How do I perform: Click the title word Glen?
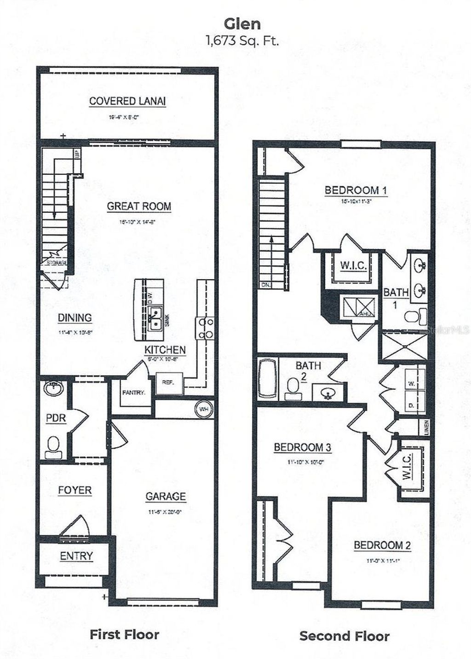pos(242,23)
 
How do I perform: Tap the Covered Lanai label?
pos(127,101)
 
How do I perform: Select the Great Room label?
pos(139,207)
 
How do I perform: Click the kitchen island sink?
pos(155,318)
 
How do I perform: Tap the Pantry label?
pos(133,393)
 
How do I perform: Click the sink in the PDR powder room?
pos(54,389)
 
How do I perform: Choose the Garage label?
pos(166,497)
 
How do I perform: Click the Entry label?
pos(76,556)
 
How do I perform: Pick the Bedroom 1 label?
pos(356,190)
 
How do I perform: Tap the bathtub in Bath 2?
pos(267,378)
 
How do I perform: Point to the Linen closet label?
pos(427,427)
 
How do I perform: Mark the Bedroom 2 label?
pos(382,545)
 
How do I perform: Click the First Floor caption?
pos(124,635)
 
